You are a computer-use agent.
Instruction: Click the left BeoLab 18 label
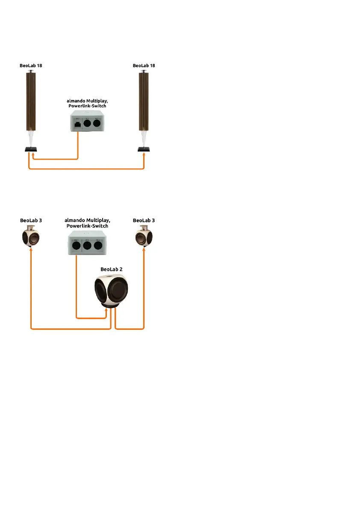[31, 66]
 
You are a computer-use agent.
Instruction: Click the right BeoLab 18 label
[144, 66]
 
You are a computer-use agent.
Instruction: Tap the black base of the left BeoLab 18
[31, 149]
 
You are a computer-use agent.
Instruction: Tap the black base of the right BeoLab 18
[144, 149]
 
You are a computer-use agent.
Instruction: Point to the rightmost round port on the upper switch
[97, 124]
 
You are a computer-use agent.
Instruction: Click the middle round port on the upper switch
[88, 124]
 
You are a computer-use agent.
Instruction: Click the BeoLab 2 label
[110, 269]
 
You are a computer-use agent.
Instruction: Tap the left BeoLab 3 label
[31, 220]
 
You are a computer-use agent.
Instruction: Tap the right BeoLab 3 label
[144, 220]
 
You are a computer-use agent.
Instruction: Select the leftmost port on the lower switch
[76, 247]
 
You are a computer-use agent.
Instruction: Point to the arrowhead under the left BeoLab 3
[31, 251]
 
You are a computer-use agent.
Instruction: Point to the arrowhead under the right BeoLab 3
[144, 251]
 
